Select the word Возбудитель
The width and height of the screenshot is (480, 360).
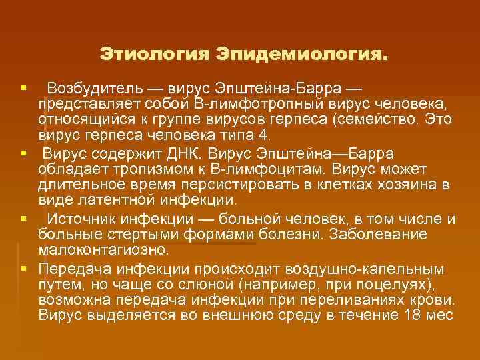tap(94, 89)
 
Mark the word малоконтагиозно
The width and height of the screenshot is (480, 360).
tap(103, 250)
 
